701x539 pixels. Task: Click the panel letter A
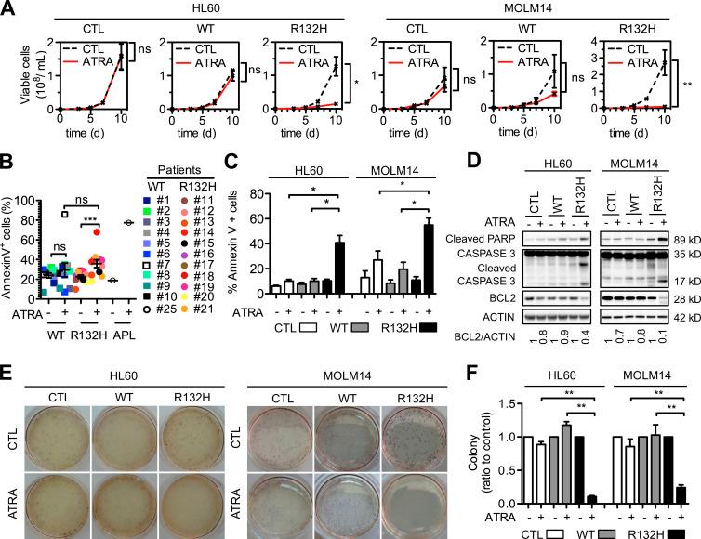click(x=8, y=8)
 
